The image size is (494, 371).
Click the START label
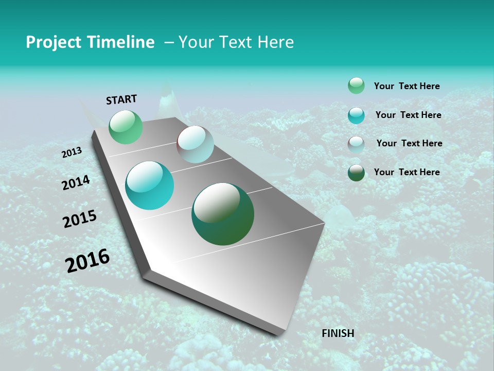pyautogui.click(x=121, y=99)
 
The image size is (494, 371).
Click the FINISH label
pyautogui.click(x=338, y=333)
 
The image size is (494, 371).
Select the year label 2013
pyautogui.click(x=72, y=153)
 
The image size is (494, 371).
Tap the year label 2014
pyautogui.click(x=76, y=183)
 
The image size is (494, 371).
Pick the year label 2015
pyautogui.click(x=79, y=219)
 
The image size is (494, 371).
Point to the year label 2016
pyautogui.click(x=87, y=261)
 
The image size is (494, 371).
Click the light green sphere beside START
pyautogui.click(x=126, y=127)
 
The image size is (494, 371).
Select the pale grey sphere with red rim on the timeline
pyautogui.click(x=195, y=144)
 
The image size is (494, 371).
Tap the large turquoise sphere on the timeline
pyautogui.click(x=150, y=185)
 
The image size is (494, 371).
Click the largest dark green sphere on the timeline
pyautogui.click(x=223, y=214)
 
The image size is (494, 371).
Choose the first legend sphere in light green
pyautogui.click(x=356, y=86)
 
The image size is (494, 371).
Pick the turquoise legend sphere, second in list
pyautogui.click(x=356, y=115)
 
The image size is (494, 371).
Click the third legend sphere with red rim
pyautogui.click(x=356, y=144)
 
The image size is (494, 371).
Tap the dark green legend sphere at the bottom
pyautogui.click(x=356, y=173)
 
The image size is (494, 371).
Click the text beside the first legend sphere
pyautogui.click(x=407, y=87)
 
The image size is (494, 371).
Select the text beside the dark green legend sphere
pyautogui.click(x=407, y=172)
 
